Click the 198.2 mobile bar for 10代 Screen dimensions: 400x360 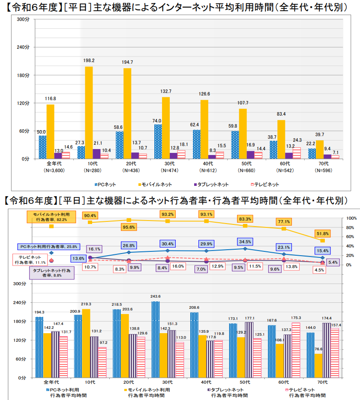(89, 113)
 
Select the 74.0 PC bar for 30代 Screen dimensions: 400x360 (158, 141)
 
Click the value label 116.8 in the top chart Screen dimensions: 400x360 (51, 99)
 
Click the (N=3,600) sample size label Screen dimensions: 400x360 (50, 170)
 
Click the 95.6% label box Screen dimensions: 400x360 (129, 227)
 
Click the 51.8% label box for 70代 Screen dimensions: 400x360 (322, 233)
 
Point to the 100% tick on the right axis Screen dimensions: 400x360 (351, 218)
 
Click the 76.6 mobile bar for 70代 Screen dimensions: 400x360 (318, 366)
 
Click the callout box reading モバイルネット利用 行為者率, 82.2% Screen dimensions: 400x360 (51, 216)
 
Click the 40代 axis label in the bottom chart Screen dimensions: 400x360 (206, 382)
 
